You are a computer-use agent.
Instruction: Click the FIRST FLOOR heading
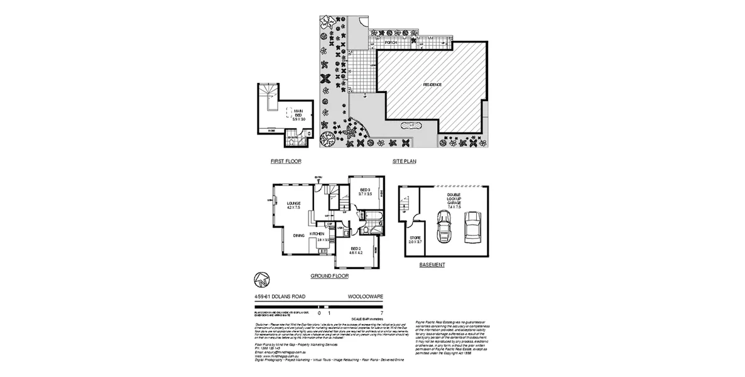[x=286, y=161]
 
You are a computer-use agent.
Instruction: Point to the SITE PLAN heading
[x=405, y=161]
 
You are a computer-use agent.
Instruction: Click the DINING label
[x=298, y=236]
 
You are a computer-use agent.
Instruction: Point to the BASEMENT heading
[x=432, y=265]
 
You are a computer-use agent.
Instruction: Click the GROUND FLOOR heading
[x=330, y=276]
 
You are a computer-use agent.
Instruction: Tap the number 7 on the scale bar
[x=382, y=312]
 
